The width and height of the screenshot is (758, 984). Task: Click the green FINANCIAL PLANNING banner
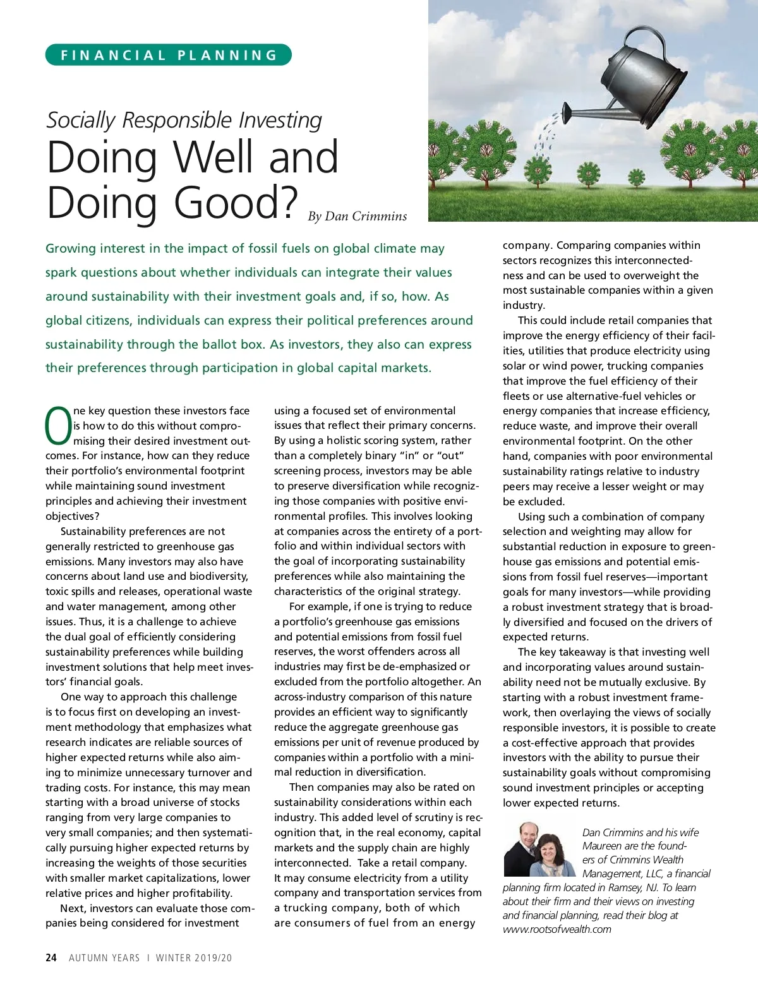[169, 55]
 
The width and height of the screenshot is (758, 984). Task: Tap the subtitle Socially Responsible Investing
[184, 120]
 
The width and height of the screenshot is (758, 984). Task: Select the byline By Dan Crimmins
[358, 216]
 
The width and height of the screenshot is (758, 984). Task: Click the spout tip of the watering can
[567, 116]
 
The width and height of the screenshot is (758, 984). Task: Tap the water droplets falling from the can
[544, 136]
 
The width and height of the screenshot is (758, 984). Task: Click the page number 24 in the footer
[51, 957]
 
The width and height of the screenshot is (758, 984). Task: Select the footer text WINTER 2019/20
[194, 957]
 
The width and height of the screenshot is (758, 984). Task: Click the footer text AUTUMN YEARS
[104, 957]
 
